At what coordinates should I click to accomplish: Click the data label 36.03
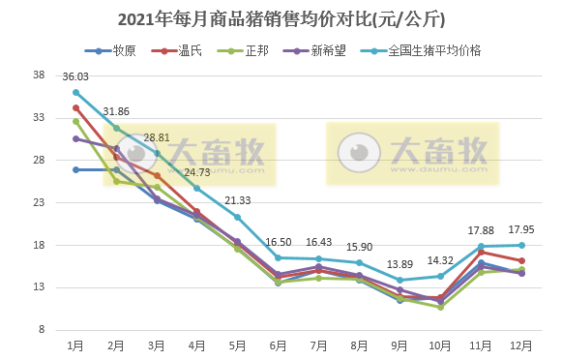click(x=75, y=76)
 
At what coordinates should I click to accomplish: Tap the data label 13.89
click(x=399, y=264)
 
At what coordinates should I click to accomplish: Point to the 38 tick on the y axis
click(x=40, y=75)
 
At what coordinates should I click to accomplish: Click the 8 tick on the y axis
click(x=43, y=330)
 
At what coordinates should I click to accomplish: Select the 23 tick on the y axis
click(x=40, y=203)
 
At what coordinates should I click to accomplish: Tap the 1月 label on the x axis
click(x=75, y=345)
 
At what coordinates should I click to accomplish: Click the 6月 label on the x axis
click(x=278, y=345)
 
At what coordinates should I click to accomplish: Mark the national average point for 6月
click(x=278, y=257)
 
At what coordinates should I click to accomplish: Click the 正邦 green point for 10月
click(x=440, y=307)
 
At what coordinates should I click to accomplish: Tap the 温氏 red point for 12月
click(x=521, y=261)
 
